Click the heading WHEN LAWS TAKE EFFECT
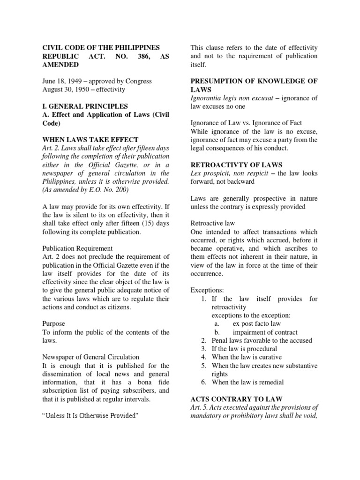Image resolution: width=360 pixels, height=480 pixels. click(x=90, y=140)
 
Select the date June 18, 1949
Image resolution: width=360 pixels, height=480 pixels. click(x=63, y=81)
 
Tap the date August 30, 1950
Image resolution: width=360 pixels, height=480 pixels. click(x=66, y=90)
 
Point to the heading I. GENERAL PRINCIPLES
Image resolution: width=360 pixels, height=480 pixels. click(x=85, y=106)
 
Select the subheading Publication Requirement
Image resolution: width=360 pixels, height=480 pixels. click(x=77, y=248)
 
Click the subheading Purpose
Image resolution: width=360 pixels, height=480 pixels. click(x=54, y=324)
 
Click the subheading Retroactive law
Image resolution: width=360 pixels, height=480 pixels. click(x=213, y=224)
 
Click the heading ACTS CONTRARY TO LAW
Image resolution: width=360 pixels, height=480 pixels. click(x=236, y=399)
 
